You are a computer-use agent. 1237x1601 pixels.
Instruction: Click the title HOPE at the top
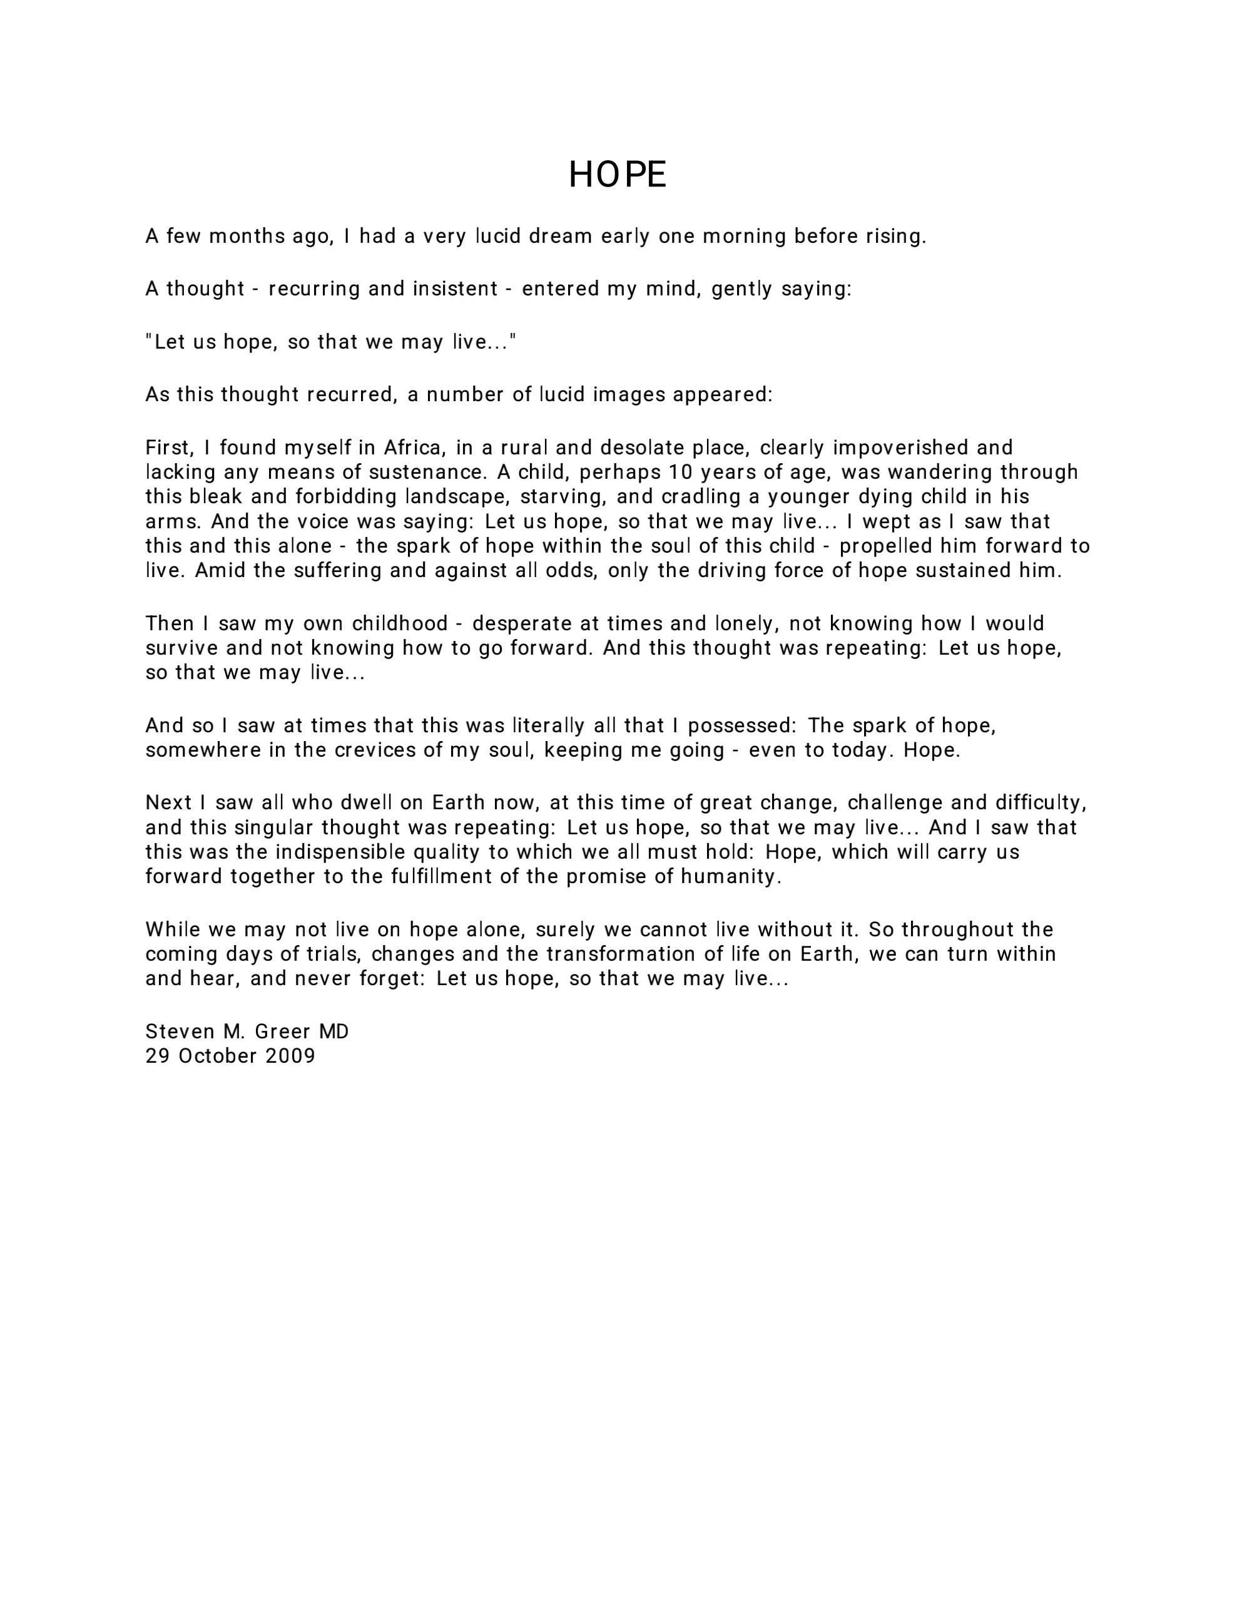pyautogui.click(x=618, y=175)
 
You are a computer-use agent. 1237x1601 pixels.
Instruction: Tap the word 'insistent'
pyautogui.click(x=455, y=289)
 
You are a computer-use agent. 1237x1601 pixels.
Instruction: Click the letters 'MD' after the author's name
pyautogui.click(x=333, y=1031)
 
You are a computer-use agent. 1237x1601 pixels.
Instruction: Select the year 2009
pyautogui.click(x=290, y=1056)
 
